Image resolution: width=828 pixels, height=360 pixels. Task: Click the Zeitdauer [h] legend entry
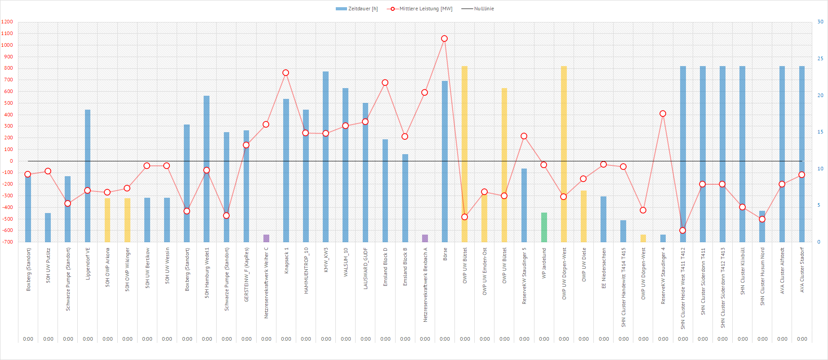coord(357,9)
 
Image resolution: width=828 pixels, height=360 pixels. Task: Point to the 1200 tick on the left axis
coord(7,22)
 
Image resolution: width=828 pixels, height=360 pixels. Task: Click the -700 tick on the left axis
coord(7,242)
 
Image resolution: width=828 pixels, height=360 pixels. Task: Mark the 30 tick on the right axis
coord(820,22)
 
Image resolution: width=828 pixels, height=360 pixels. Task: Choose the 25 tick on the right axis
coord(820,58)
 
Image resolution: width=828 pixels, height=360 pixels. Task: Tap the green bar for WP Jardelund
coord(544,227)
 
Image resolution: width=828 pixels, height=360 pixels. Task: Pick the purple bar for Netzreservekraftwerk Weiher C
coord(266,238)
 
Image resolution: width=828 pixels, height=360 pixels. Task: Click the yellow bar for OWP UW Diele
coord(583,216)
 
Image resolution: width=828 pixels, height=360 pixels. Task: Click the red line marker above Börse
coord(445,39)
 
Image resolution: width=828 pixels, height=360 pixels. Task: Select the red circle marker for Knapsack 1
coord(286,73)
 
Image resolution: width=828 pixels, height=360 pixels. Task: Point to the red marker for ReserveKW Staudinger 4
coord(663,114)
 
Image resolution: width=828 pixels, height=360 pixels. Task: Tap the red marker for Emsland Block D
coord(385,83)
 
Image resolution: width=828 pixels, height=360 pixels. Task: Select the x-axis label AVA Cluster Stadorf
coord(802,270)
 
